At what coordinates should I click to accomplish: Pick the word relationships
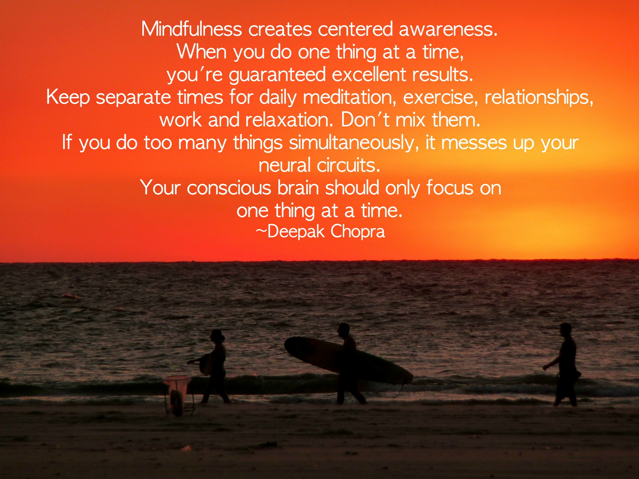pyautogui.click(x=539, y=98)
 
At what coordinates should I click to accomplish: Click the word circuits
pyautogui.click(x=348, y=166)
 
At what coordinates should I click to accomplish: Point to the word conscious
pyautogui.click(x=229, y=188)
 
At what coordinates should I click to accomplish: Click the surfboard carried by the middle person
pyautogui.click(x=349, y=360)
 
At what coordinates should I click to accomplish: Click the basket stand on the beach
pyautogui.click(x=177, y=395)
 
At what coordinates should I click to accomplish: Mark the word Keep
pyautogui.click(x=68, y=98)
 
